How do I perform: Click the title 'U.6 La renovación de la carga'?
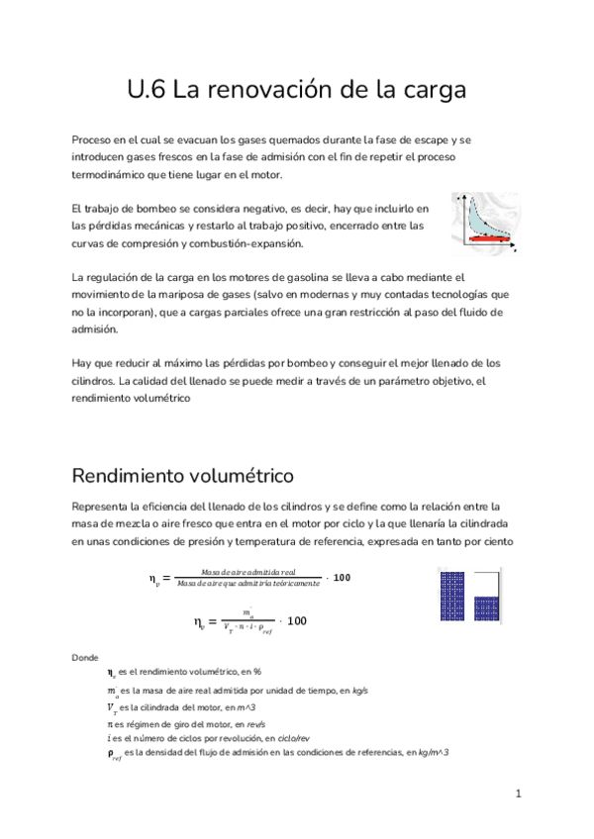pyautogui.click(x=296, y=92)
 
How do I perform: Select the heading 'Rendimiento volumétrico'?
pyautogui.click(x=183, y=475)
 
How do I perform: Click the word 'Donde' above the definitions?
pyautogui.click(x=86, y=657)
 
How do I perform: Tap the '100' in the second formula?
pyautogui.click(x=297, y=621)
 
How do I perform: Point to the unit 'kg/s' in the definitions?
pyautogui.click(x=358, y=691)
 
